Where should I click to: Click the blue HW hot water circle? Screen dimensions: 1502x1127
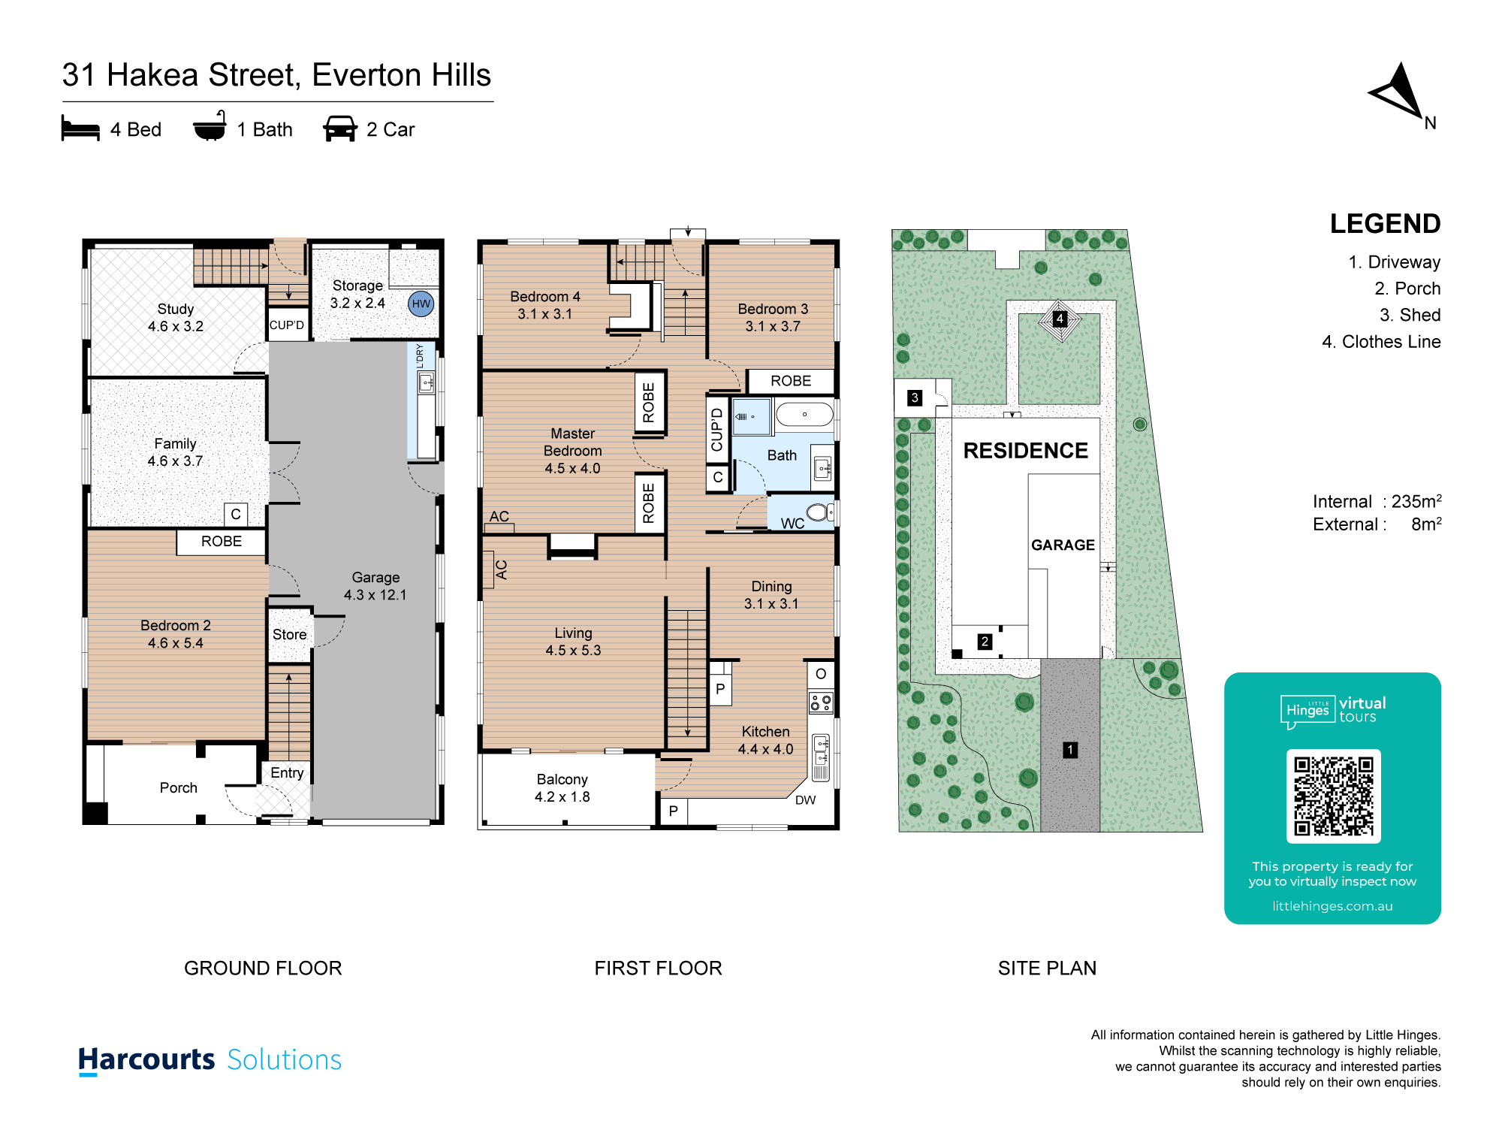421,304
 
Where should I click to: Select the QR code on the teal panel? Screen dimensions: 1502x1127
1333,796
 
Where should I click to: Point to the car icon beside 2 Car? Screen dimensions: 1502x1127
339,128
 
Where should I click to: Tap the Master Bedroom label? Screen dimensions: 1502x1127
572,451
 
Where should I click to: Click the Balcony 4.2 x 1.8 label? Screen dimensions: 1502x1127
562,788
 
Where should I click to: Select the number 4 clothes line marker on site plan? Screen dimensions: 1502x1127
1060,319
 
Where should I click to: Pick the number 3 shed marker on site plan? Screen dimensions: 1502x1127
914,397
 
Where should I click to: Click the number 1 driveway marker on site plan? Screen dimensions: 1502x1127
1070,750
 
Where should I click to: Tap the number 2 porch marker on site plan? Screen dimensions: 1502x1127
985,642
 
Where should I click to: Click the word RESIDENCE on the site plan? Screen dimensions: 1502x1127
1025,451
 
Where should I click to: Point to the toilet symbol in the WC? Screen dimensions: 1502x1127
819,512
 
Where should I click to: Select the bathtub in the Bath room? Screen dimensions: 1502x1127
804,414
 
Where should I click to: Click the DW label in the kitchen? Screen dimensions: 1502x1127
805,800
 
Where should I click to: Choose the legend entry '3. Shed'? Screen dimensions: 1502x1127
1410,315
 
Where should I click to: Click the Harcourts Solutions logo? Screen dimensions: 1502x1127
210,1060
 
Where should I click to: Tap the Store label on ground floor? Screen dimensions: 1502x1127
289,635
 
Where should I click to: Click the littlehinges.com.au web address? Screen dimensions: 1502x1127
1332,906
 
